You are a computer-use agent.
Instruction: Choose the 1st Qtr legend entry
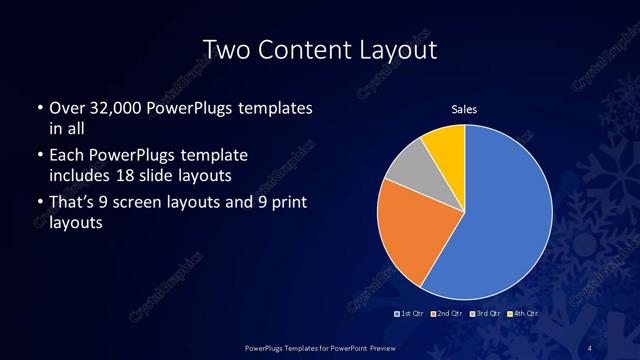411,314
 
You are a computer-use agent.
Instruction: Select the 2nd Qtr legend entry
447,314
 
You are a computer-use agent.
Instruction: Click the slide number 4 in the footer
591,347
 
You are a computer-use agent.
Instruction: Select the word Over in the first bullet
66,107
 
